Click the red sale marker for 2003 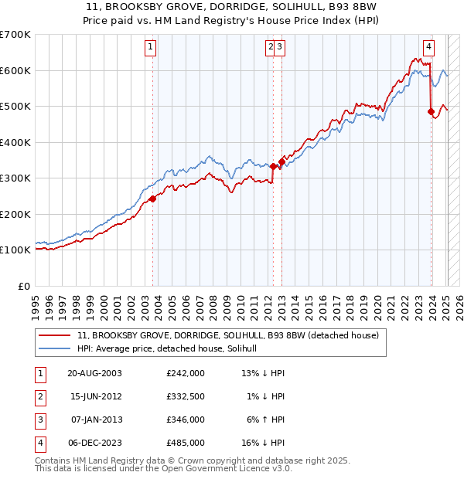tap(153, 199)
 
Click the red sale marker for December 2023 tap(431, 112)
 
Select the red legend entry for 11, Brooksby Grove tap(228, 336)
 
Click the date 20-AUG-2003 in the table tap(94, 373)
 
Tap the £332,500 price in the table tap(186, 396)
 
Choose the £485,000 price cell tap(186, 443)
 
